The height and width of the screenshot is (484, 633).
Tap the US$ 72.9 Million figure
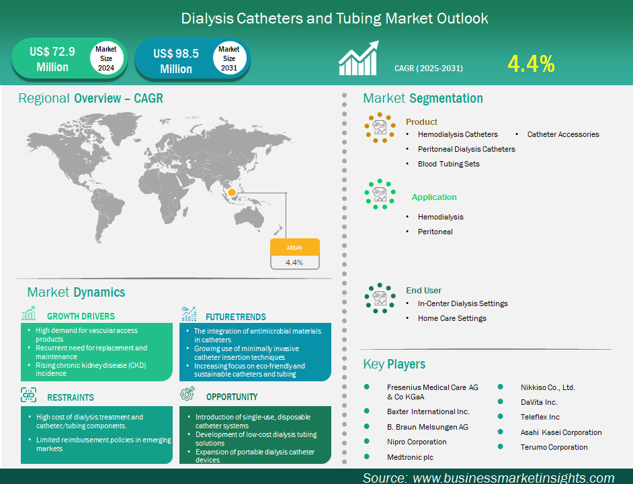click(x=52, y=59)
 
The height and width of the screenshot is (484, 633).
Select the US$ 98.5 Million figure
click(x=176, y=60)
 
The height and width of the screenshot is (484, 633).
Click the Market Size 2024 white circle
click(x=105, y=58)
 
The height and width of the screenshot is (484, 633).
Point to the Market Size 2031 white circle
click(x=229, y=58)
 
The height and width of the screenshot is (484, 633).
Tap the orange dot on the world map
click(x=232, y=193)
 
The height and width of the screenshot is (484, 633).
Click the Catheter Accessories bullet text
click(x=562, y=134)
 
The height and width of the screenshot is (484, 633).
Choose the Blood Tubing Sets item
click(x=448, y=164)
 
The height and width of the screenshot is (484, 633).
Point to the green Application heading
click(x=434, y=197)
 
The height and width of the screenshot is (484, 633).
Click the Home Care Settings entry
click(x=452, y=318)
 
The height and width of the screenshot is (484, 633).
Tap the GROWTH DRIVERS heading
click(x=81, y=316)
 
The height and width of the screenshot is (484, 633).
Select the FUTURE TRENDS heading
click(x=235, y=317)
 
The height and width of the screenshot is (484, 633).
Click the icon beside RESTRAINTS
click(x=29, y=395)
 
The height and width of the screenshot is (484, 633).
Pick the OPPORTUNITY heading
click(x=232, y=397)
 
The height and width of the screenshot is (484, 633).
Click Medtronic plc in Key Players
click(x=410, y=457)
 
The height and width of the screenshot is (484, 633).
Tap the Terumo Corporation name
click(x=554, y=447)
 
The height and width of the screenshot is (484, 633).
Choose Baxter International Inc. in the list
click(x=428, y=412)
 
